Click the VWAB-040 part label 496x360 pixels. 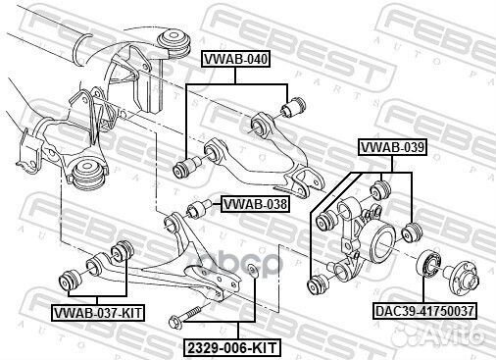[234, 58]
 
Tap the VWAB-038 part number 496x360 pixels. [254, 204]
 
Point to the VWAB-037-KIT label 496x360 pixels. [96, 312]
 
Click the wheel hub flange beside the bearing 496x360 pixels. [468, 277]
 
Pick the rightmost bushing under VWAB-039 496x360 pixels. [412, 233]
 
